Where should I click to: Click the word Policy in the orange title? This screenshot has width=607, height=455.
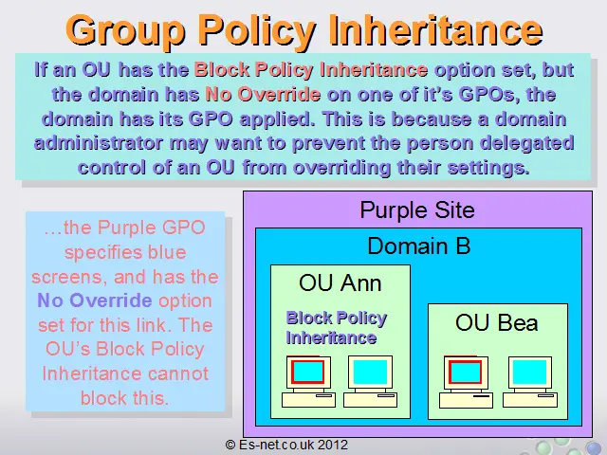click(256, 31)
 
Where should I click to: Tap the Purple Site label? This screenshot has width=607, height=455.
click(417, 210)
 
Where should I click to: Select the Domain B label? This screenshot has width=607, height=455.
click(418, 246)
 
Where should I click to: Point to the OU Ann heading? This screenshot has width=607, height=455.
click(340, 282)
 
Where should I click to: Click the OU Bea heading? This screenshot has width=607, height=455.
click(497, 322)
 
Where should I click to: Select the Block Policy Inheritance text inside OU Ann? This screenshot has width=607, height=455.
click(336, 328)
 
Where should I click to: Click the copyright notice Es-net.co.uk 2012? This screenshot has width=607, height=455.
click(286, 445)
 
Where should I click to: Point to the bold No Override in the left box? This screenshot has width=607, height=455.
click(95, 300)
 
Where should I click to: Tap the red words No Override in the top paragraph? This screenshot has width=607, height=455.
click(263, 94)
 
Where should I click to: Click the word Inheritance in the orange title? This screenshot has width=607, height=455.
click(435, 29)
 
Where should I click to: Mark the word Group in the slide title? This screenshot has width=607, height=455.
click(125, 31)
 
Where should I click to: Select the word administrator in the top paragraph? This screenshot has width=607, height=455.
click(99, 143)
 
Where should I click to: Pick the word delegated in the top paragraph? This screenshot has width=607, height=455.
click(526, 143)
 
